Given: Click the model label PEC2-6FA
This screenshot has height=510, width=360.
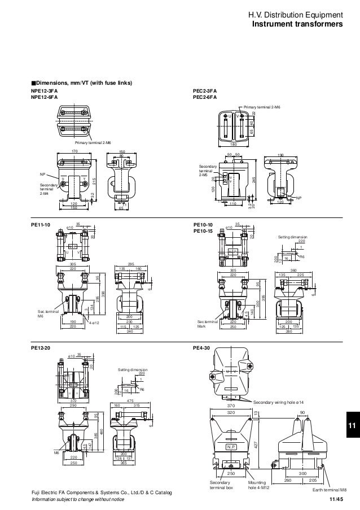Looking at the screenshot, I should click(205, 97).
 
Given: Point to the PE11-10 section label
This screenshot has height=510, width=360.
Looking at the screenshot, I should click(40, 225).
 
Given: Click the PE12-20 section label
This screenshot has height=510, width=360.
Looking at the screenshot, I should click(40, 350).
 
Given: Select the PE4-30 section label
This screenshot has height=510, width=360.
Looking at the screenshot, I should click(201, 350).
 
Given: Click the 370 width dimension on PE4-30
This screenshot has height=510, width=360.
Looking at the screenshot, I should click(230, 406).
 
